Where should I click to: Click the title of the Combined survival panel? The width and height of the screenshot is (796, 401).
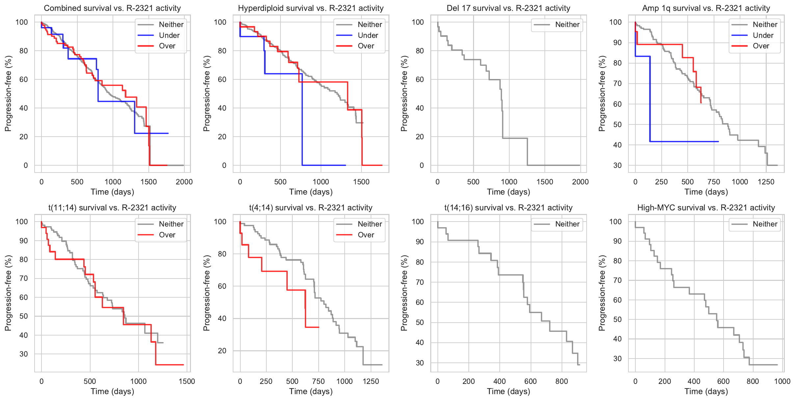click(112, 8)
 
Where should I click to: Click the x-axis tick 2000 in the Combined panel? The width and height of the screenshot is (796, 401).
click(184, 182)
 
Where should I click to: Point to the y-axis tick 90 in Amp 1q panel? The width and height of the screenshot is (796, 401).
click(615, 42)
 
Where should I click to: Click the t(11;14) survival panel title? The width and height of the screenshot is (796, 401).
click(112, 208)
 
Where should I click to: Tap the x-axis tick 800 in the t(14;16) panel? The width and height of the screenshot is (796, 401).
click(562, 381)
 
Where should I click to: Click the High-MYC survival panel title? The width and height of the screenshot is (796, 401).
click(706, 208)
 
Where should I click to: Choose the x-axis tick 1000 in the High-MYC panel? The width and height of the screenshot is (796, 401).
click(782, 381)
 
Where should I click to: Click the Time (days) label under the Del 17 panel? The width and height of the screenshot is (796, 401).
click(509, 192)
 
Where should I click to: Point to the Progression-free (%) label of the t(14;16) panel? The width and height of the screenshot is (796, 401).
click(404, 293)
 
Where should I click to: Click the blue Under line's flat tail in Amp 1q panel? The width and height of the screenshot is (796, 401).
click(685, 142)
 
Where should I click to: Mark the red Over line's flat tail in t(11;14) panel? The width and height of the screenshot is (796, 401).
click(170, 365)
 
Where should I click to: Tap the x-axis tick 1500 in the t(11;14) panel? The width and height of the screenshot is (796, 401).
click(187, 381)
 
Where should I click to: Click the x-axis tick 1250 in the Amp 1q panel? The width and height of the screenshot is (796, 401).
click(766, 182)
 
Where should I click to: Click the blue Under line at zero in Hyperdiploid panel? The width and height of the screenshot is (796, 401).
click(324, 165)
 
